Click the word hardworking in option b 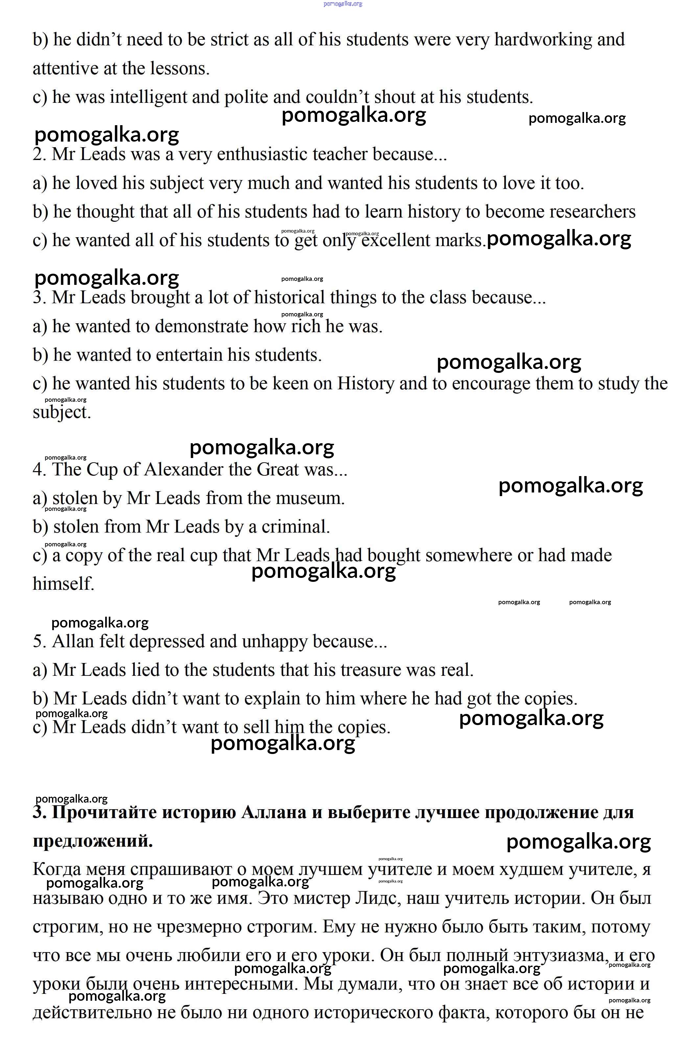(x=543, y=40)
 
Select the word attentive (x=60, y=69)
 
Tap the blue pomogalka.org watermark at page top (x=343, y=4)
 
